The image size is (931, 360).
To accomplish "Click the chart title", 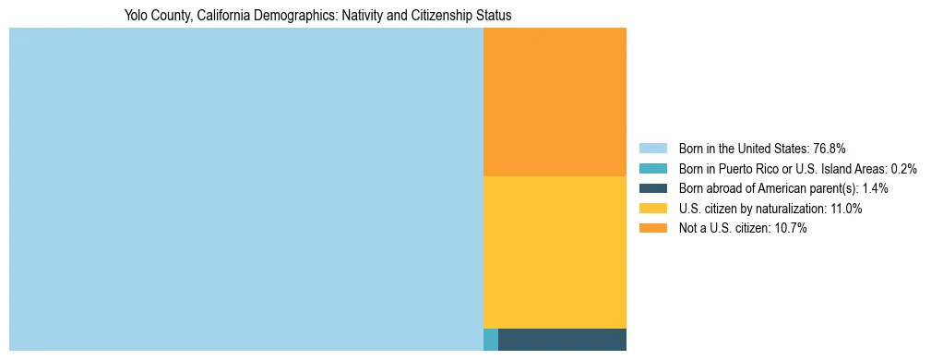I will click(x=317, y=16).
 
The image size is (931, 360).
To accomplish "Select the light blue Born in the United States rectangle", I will click(x=245, y=189).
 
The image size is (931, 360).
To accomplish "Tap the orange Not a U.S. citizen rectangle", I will click(x=555, y=102).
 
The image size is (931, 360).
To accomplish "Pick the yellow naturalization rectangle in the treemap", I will click(x=555, y=252).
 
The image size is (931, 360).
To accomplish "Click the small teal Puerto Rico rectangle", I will click(x=491, y=340).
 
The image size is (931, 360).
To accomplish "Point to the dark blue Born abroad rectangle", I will click(x=562, y=340).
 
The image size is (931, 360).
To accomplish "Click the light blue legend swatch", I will click(x=652, y=149).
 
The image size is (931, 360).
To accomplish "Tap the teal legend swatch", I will click(x=652, y=169).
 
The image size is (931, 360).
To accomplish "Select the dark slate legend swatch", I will click(x=652, y=188).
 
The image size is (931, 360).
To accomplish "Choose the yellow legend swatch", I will click(x=652, y=209).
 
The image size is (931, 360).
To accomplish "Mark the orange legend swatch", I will click(x=652, y=229).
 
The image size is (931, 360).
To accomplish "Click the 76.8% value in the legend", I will click(x=830, y=149).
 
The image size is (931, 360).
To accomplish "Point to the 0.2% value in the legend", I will click(x=903, y=169).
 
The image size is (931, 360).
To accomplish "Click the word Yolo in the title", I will click(x=136, y=16).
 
